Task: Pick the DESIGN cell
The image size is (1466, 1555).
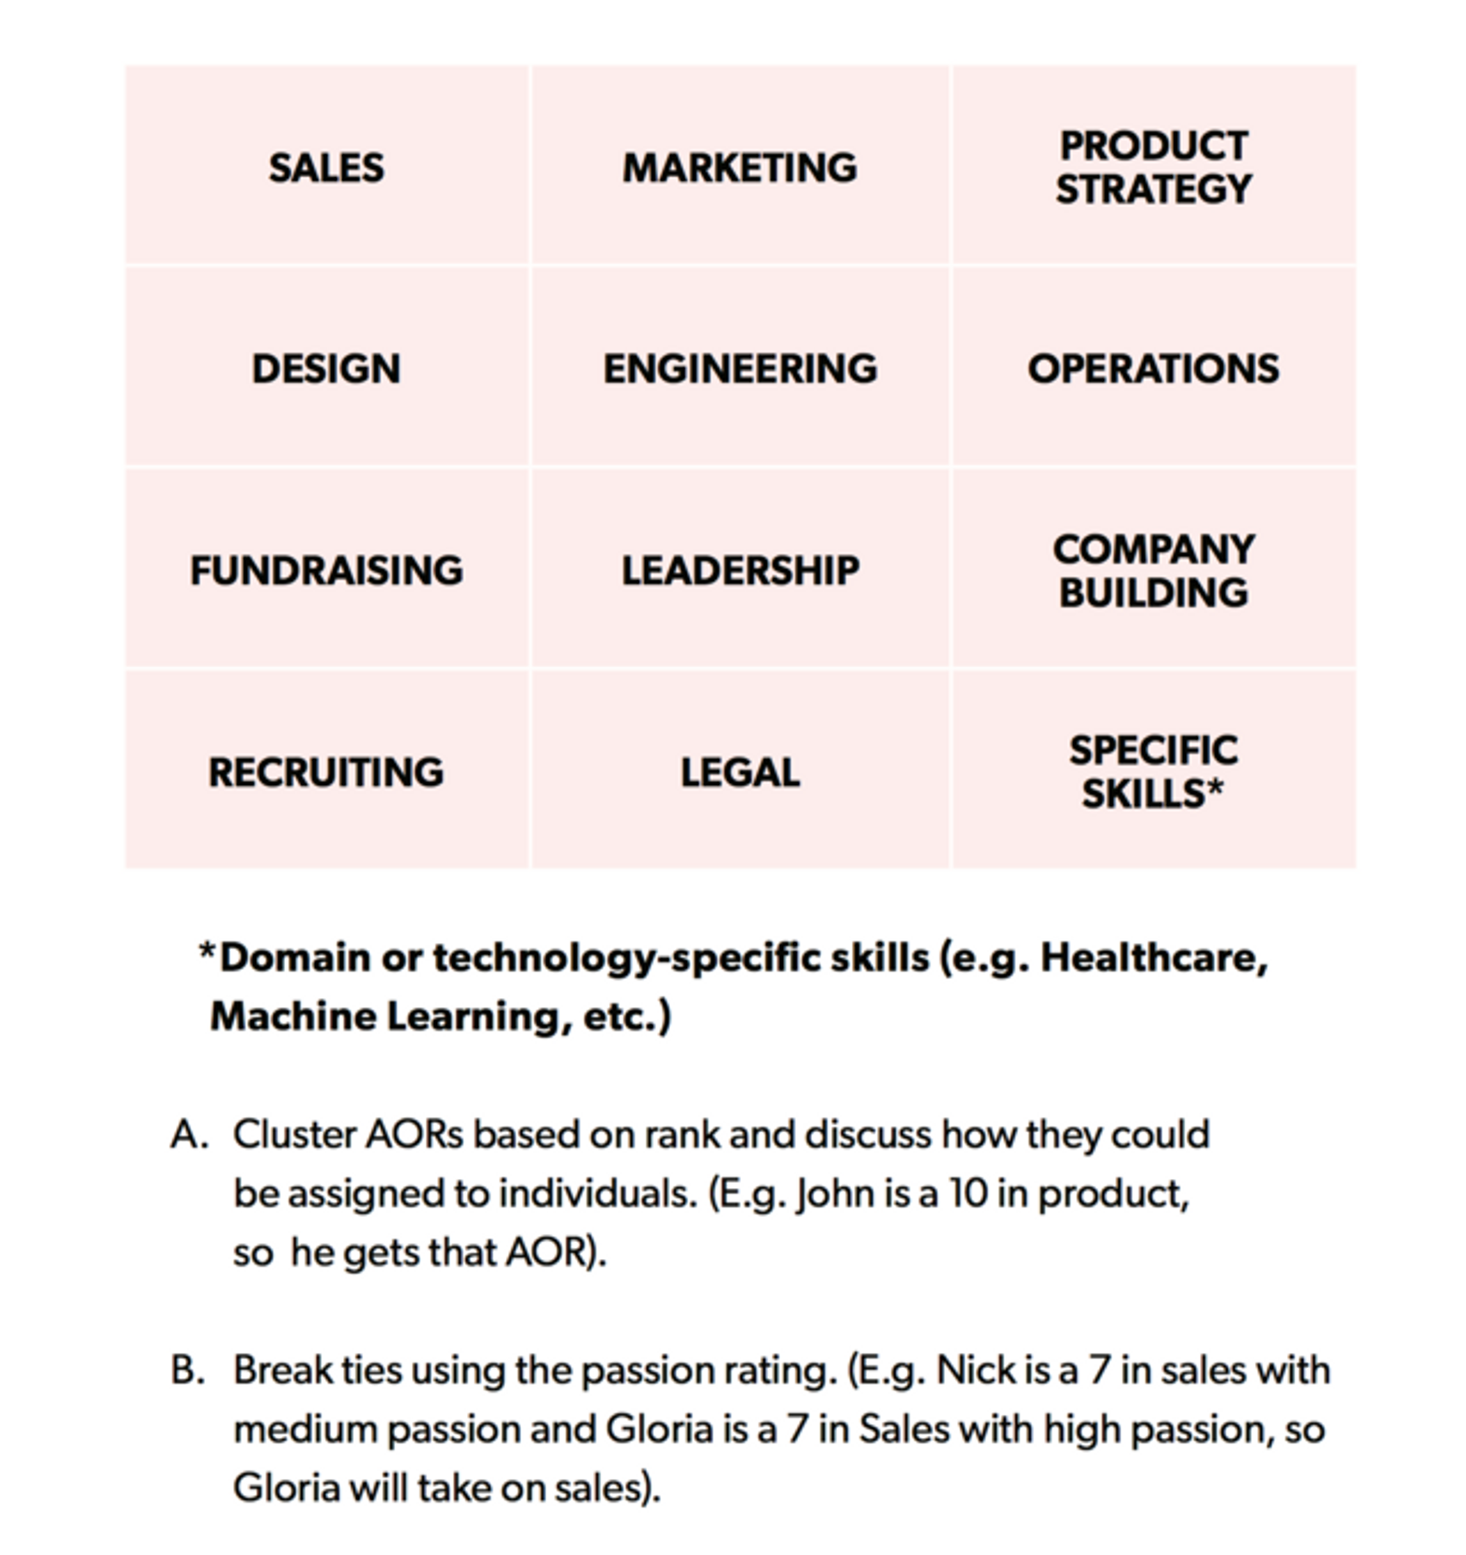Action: (x=326, y=369)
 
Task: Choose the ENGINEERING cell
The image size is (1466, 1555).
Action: (x=740, y=369)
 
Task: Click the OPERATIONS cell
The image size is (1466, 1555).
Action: (x=1153, y=369)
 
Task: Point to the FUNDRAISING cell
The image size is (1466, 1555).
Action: (x=326, y=570)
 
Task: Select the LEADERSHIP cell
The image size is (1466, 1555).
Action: (x=740, y=570)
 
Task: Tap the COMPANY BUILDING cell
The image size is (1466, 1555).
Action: (x=1153, y=570)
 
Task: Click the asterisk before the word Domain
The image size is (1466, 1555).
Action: (x=207, y=952)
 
